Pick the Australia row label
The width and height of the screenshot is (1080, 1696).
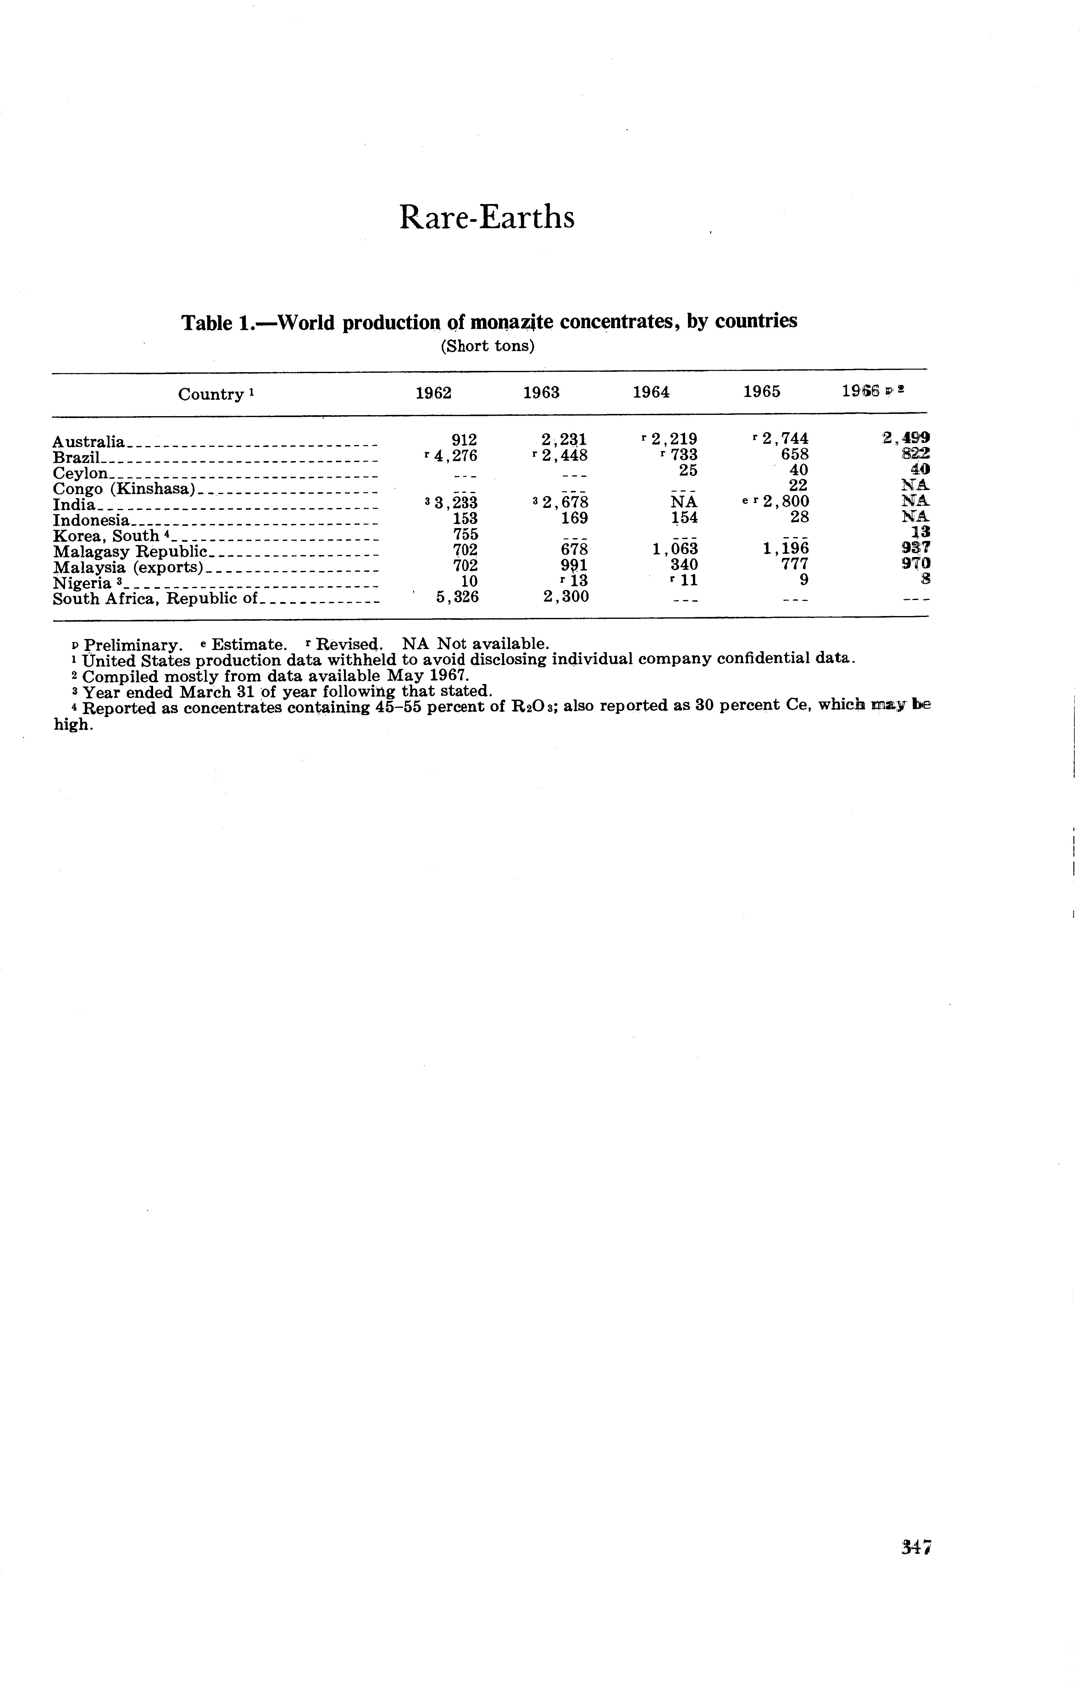(89, 442)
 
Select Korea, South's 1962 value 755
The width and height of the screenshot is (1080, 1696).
(465, 535)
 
